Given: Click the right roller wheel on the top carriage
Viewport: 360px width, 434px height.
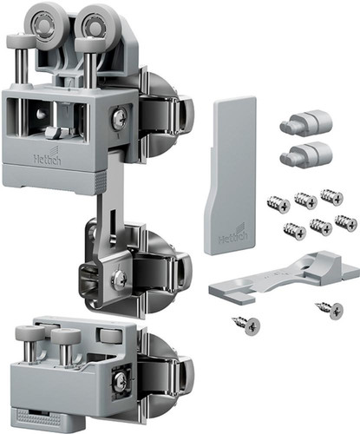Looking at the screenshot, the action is click(93, 27).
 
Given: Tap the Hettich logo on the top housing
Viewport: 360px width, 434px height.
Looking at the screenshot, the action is click(48, 156).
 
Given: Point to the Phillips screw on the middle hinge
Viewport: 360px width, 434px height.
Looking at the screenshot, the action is click(120, 279).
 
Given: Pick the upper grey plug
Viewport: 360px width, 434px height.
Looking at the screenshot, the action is click(306, 122).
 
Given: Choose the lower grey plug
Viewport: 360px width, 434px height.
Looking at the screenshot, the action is click(306, 154).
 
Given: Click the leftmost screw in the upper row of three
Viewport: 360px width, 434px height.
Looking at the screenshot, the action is click(278, 204).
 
